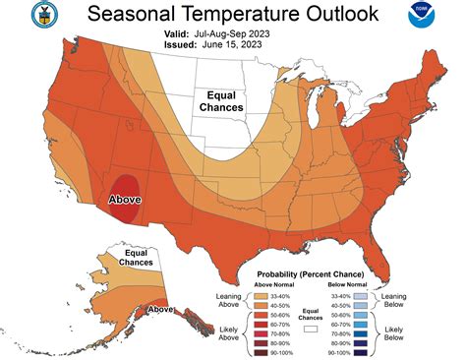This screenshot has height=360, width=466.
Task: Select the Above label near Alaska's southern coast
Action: [x=161, y=309]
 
